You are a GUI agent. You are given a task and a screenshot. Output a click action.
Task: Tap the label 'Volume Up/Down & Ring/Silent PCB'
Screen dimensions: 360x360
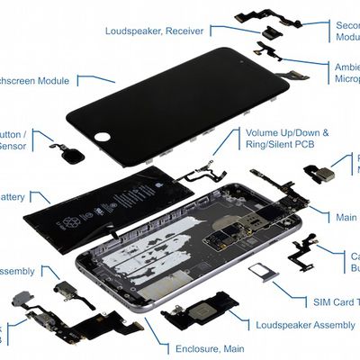click(x=287, y=139)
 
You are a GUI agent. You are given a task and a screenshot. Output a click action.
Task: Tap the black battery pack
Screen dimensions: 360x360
click(x=108, y=211)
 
